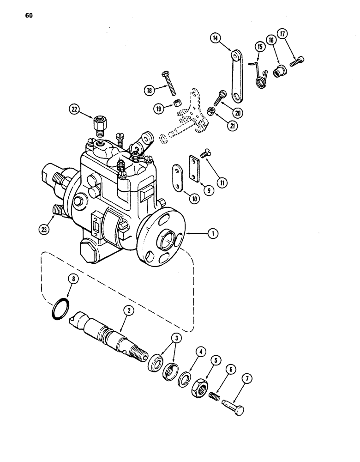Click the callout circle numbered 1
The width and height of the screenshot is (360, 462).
pyautogui.click(x=213, y=234)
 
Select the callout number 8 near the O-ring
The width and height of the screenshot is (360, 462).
pyautogui.click(x=72, y=279)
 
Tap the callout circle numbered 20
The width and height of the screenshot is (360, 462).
pyautogui.click(x=239, y=112)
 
